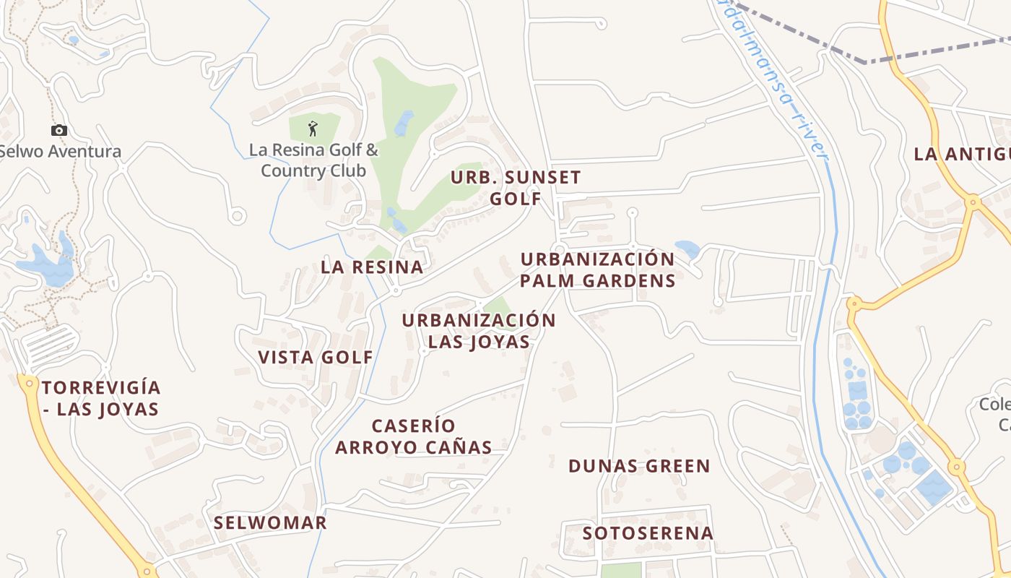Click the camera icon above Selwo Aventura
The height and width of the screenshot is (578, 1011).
(59, 130)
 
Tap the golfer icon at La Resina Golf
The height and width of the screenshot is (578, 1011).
(312, 129)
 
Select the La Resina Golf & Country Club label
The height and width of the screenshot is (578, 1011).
(313, 160)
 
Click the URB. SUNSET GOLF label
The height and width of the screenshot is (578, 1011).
(516, 188)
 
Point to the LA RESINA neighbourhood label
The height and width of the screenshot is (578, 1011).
(372, 267)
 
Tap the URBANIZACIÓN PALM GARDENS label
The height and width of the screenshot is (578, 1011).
(597, 269)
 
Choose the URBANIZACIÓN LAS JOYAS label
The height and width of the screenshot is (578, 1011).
(479, 331)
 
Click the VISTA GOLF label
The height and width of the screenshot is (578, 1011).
(316, 357)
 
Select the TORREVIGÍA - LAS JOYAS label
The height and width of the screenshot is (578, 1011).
(100, 398)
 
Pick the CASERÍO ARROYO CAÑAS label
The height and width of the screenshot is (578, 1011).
(413, 436)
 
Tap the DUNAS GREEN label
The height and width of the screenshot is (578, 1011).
(639, 466)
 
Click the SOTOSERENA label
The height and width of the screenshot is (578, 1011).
(648, 533)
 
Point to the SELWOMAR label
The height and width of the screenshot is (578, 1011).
(270, 522)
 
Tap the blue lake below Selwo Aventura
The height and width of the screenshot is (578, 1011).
(47, 266)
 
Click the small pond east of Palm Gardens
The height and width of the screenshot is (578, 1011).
(687, 249)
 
